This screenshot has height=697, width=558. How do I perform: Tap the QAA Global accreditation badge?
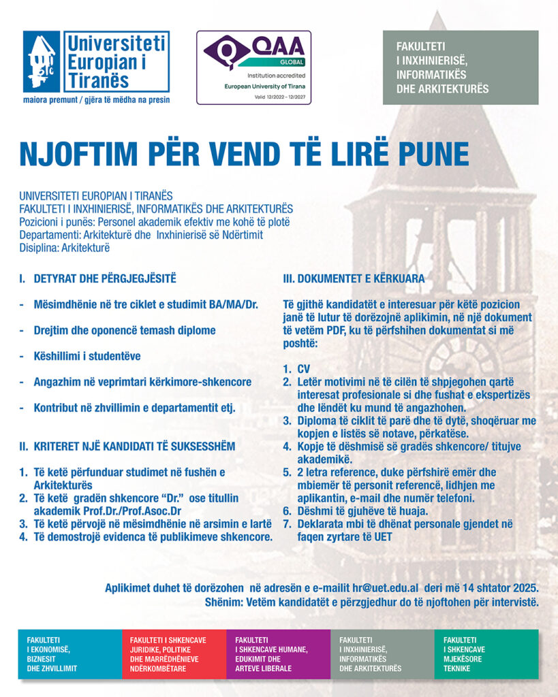pos(253,67)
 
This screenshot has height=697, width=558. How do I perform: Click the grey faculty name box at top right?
pos(461,67)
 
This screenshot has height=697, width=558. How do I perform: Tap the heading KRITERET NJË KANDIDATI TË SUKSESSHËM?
pos(127,447)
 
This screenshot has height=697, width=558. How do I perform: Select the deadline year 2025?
pos(524,587)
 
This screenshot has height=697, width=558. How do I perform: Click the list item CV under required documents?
pos(303,369)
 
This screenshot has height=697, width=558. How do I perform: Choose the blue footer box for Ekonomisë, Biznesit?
pos(69,654)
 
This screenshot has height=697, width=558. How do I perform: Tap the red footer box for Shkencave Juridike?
pos(174,654)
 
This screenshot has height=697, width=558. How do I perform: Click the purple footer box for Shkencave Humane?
pos(278,654)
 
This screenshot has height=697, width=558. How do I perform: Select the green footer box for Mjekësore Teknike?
pos(486,654)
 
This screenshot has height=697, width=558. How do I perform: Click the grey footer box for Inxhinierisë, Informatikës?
pos(382,654)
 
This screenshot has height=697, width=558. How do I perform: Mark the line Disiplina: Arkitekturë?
pos(65,248)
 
